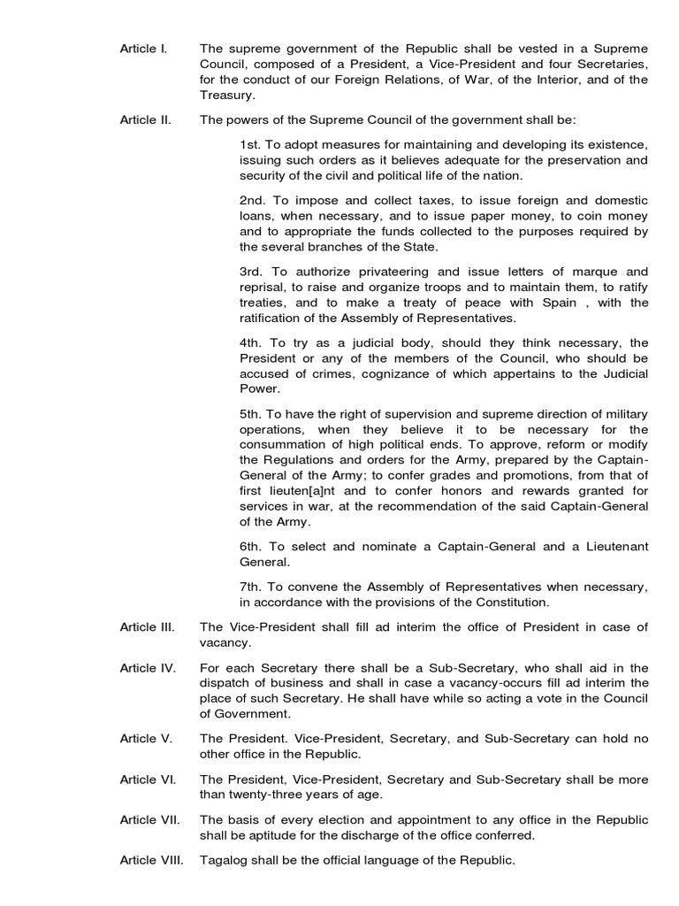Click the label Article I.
tap(143, 48)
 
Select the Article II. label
tap(146, 119)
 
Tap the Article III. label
tap(148, 627)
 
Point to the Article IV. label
tap(148, 668)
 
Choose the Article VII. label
tap(149, 820)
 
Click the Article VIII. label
tap(151, 861)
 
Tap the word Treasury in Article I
tap(227, 96)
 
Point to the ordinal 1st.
tap(250, 144)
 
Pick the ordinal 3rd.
tap(251, 272)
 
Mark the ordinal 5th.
tap(250, 413)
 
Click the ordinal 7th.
tap(250, 587)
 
